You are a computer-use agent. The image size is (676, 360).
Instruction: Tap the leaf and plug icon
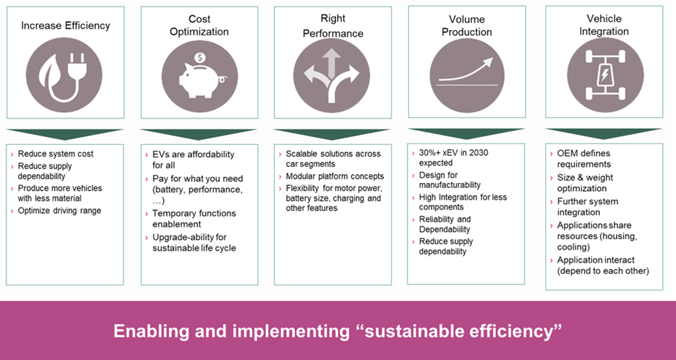coord(64,75)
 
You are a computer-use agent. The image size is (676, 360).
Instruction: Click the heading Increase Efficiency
coord(66,26)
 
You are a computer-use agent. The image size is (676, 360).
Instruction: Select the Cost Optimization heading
coord(199,26)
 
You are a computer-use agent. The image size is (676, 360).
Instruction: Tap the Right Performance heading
coord(333,26)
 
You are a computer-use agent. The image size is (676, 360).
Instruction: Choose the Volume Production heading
coord(467,26)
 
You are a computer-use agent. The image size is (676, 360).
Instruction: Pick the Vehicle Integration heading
coord(604,25)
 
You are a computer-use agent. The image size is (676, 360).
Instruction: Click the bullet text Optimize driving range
coord(59,211)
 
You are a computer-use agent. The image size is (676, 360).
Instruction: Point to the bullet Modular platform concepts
coord(335,176)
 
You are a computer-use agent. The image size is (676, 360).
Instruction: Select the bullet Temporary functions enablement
coord(194,219)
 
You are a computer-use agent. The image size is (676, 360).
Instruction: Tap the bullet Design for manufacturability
coord(450,180)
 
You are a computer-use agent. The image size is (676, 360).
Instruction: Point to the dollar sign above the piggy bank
coord(200,58)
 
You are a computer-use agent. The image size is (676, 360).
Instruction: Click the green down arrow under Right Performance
coord(331,134)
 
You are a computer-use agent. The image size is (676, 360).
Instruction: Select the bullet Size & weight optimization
coord(585,183)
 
